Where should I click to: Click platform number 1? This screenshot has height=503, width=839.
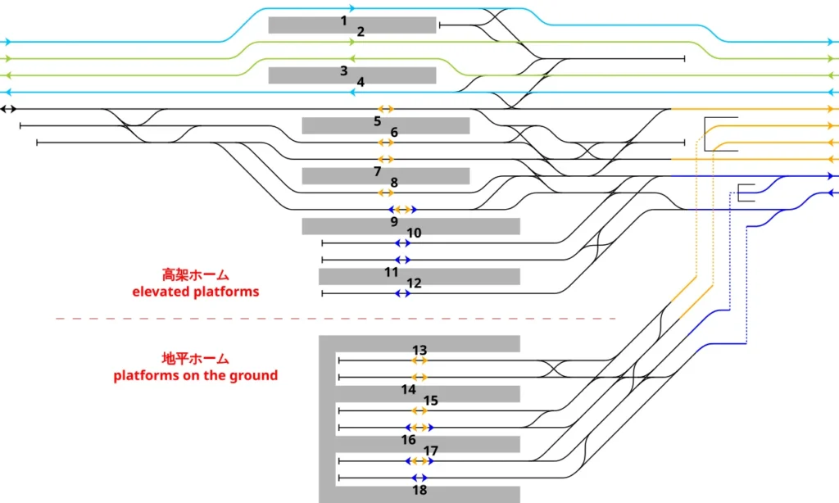pos(343,20)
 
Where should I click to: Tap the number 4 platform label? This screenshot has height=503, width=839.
pos(361,82)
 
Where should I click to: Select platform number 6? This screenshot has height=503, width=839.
pos(394,132)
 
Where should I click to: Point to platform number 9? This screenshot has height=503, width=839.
pos(394,221)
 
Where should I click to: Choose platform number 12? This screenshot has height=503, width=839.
pos(414,283)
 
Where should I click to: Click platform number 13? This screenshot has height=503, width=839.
pos(419,350)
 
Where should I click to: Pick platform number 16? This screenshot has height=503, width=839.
pos(408,440)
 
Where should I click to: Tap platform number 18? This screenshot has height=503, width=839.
pos(419,490)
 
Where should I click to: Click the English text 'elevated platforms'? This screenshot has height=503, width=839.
pos(195,292)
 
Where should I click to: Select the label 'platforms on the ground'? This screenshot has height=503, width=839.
pos(195,375)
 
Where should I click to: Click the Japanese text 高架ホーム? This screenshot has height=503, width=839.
pos(195,275)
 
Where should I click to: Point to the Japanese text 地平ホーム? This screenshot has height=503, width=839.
pos(195,359)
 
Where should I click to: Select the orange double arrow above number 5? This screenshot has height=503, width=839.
pos(386,109)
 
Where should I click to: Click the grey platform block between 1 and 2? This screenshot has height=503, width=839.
pos(352,25)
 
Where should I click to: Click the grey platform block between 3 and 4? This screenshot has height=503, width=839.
pos(352,75)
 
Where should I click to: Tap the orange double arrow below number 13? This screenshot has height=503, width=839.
pos(419,360)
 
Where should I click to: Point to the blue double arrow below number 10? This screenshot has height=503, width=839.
pos(402,243)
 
